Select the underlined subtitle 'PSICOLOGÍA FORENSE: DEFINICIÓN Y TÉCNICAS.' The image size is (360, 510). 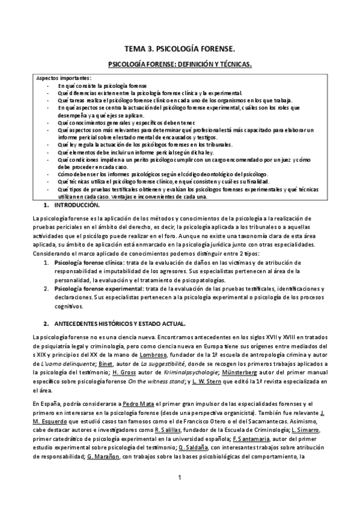(x=180, y=64)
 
